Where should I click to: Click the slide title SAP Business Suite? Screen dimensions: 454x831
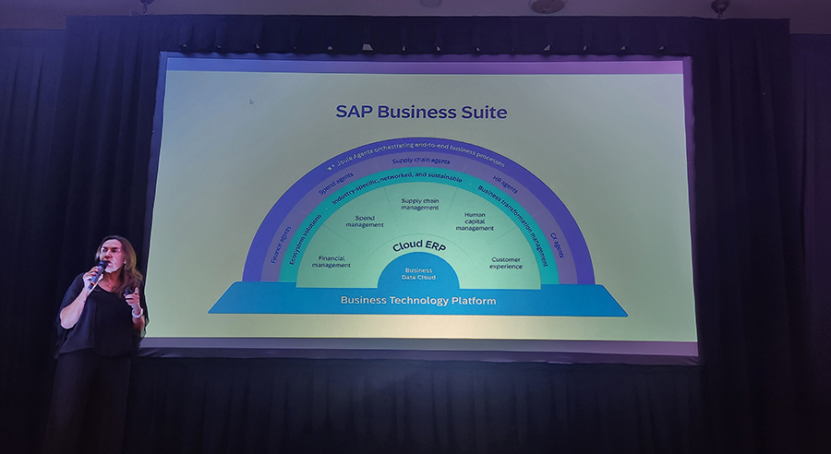421,113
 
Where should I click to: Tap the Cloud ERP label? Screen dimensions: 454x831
419,246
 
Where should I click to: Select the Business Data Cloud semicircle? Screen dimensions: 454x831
419,274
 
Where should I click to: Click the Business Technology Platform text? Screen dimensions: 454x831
418,301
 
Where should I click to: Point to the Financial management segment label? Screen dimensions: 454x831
331,262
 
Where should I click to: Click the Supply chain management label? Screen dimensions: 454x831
419,203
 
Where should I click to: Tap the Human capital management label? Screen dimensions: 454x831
475,222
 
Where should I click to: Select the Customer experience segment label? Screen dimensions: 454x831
506,262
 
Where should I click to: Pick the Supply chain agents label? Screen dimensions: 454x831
420,161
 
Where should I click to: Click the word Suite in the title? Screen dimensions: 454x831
479,113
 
